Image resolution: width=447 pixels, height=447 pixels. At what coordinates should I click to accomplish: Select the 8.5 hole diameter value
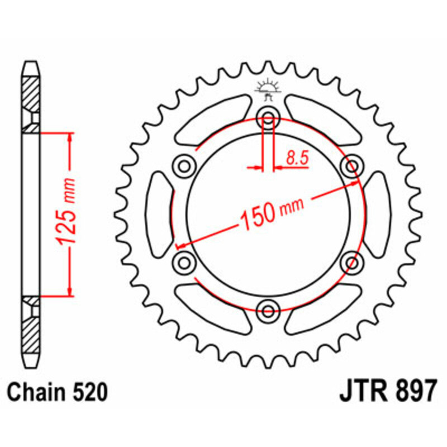coord(296,158)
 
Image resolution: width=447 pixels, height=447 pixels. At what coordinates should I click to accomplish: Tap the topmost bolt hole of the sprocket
coord(268,118)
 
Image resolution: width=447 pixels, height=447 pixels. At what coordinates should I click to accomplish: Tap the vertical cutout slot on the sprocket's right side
coord(378,213)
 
